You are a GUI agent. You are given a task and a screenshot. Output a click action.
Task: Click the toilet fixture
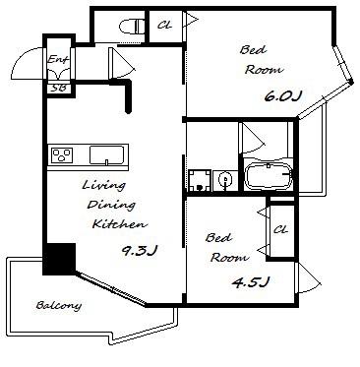point(133,27)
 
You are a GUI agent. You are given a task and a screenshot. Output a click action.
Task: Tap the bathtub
point(269,176)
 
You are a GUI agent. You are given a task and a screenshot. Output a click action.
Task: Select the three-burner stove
point(62,154)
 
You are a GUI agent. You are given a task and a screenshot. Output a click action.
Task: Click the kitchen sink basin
point(106,154)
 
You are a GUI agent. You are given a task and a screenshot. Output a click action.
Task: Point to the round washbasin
point(225,180)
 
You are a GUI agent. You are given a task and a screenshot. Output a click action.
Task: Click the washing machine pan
point(200,180)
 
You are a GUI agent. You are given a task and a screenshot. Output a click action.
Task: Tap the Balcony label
point(58,306)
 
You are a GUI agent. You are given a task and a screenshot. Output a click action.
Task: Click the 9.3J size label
point(140,251)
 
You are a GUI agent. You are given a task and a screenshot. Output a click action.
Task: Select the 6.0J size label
point(282,96)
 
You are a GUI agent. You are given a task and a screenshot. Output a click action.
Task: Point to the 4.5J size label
point(251,281)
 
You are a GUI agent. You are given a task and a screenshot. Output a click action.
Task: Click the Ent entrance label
point(58,59)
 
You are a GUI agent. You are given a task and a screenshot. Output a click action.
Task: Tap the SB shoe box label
point(59,88)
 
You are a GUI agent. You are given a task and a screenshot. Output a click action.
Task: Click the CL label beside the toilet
point(164,26)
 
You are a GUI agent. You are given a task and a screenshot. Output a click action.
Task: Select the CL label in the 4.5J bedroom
point(280,229)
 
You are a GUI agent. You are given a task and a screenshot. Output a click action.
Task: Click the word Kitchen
point(120,224)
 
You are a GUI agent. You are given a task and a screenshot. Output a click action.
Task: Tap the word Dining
point(111,205)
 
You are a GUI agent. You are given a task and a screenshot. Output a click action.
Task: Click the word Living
point(103,185)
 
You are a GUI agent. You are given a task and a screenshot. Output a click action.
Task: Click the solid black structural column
point(59,259)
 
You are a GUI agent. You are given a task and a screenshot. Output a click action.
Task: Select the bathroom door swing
point(254,140)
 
